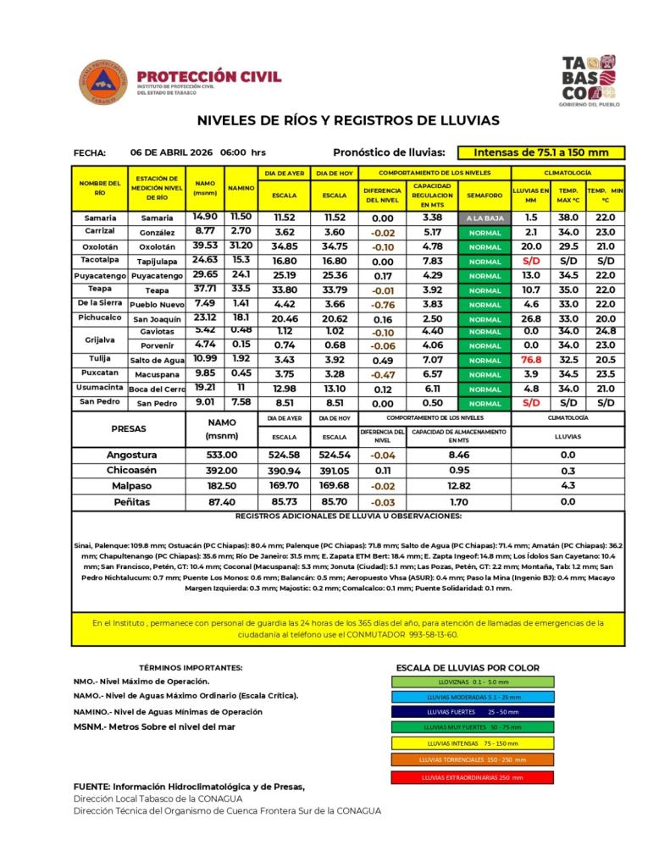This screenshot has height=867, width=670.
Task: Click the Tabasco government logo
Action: [589, 80]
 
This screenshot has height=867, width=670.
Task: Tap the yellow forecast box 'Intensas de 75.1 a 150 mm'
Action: [541, 153]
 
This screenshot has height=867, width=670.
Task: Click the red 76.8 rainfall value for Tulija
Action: [531, 360]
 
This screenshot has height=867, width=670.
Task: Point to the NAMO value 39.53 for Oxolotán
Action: [205, 246]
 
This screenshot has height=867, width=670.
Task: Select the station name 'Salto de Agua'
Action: [158, 360]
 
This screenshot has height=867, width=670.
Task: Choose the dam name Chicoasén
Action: [130, 470]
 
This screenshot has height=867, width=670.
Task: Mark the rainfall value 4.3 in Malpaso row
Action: [568, 485]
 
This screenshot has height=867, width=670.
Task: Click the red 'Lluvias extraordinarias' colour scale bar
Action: [473, 776]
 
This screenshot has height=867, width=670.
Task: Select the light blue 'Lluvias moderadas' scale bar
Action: [473, 697]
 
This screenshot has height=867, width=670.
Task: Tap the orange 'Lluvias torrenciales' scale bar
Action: [473, 759]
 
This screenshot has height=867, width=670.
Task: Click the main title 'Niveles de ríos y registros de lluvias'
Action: [348, 120]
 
